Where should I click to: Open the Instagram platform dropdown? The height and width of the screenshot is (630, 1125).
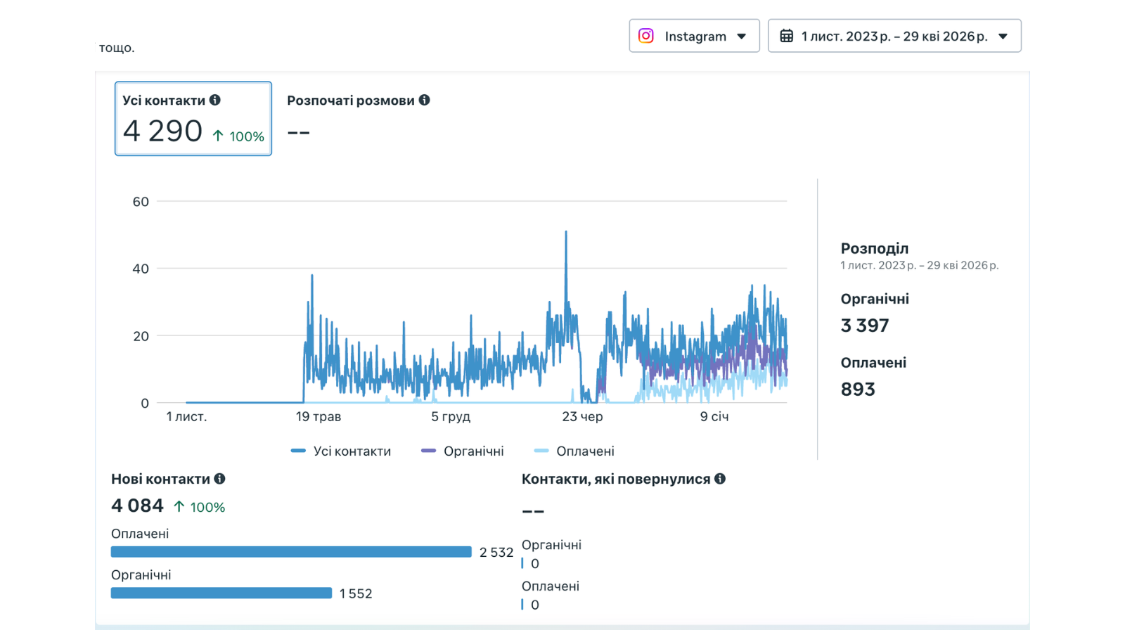694,36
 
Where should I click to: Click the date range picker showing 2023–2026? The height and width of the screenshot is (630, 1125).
894,36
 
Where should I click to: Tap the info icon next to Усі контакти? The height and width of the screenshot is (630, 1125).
215,100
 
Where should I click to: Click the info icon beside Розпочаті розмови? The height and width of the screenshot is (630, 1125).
425,100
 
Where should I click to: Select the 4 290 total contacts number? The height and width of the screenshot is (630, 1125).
162,131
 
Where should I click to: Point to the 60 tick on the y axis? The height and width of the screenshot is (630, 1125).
141,202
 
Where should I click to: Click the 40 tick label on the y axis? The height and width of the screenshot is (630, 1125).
141,269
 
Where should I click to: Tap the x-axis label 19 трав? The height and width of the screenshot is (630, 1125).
319,416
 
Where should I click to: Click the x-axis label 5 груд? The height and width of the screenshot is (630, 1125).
451,416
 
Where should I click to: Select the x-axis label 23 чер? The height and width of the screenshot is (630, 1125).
583,416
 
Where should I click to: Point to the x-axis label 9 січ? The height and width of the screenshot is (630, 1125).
714,416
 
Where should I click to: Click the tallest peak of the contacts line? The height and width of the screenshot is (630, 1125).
566,231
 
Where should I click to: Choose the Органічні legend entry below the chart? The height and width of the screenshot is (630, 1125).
463,451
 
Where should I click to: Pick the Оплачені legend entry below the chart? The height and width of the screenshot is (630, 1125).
574,451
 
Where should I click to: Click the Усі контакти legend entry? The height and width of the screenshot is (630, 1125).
341,451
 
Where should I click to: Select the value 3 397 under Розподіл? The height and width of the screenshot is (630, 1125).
865,326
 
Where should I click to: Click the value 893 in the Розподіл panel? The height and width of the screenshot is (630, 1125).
858,390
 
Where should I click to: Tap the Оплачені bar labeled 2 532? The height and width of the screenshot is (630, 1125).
291,552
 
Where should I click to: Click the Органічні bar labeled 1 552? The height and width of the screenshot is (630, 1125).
221,593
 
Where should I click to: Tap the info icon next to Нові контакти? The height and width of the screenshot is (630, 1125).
219,479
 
